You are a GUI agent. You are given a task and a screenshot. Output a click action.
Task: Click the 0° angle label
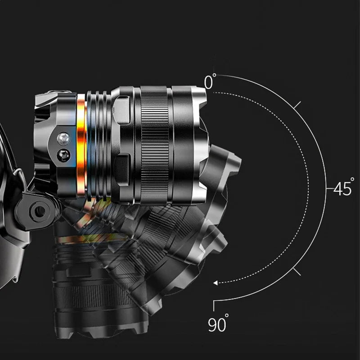coord(210,81)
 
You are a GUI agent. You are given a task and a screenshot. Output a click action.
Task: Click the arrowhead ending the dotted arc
coord(216,283)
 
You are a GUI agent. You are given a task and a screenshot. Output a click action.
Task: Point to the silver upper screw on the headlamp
coord(63,139)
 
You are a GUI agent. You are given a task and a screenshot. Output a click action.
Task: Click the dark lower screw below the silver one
coord(63,155)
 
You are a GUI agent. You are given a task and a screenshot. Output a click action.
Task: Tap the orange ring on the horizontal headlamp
coord(81,145)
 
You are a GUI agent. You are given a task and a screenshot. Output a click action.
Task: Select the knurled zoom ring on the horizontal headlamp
coord(155,145)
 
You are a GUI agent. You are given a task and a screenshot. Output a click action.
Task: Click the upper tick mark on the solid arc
coord(297,105)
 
